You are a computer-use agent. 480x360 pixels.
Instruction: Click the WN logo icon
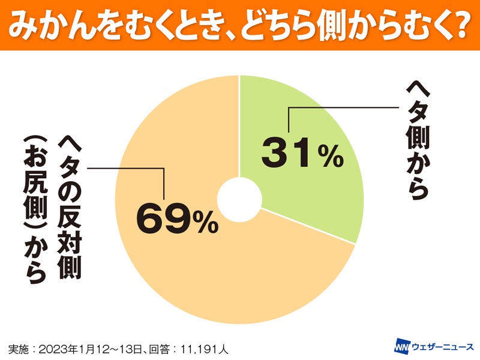(401, 347)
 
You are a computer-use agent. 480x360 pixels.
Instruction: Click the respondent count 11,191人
(202, 348)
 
